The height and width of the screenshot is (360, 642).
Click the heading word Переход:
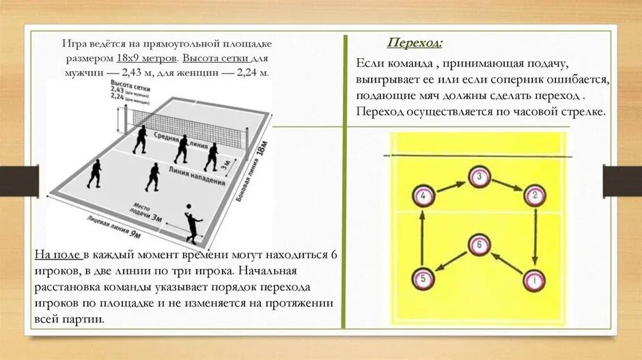point(415,44)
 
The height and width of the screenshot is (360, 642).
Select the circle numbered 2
point(535,197)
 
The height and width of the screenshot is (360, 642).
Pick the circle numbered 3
point(479,177)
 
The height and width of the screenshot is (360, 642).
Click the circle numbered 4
point(423,197)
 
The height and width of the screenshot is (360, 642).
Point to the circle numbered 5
point(423,279)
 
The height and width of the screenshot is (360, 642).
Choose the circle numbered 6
point(479,244)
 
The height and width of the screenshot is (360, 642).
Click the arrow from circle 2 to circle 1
point(535,238)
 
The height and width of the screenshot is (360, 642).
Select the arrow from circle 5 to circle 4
point(423,238)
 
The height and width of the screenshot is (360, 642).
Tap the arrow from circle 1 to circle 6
point(507,262)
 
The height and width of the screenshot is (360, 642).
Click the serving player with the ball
point(193,224)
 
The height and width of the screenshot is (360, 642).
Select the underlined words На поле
point(58,255)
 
